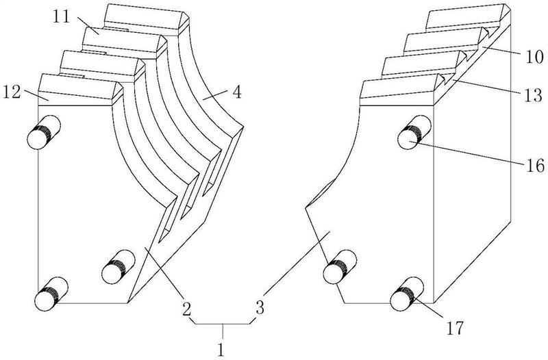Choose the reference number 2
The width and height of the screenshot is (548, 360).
pos(186,306)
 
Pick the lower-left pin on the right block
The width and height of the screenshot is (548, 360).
pos(338,267)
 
